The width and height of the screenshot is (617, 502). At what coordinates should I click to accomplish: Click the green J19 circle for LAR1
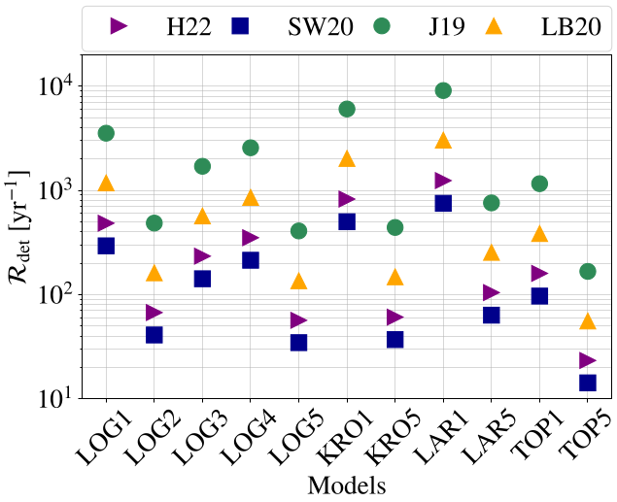443,90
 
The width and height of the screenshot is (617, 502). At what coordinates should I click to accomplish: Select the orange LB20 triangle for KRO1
347,158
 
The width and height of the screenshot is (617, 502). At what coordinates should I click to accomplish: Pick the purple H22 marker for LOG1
106,223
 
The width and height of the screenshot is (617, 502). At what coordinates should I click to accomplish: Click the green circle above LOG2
154,222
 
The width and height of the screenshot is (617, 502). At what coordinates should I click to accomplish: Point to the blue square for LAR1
443,203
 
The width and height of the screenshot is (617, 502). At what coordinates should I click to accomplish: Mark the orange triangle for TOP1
539,233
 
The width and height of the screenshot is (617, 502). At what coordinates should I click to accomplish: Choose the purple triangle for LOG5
299,320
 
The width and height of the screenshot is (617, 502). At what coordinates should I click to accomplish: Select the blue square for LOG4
251,260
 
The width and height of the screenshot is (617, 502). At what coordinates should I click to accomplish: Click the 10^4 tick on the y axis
58,85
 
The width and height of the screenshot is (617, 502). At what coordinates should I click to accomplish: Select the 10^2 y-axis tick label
58,294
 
